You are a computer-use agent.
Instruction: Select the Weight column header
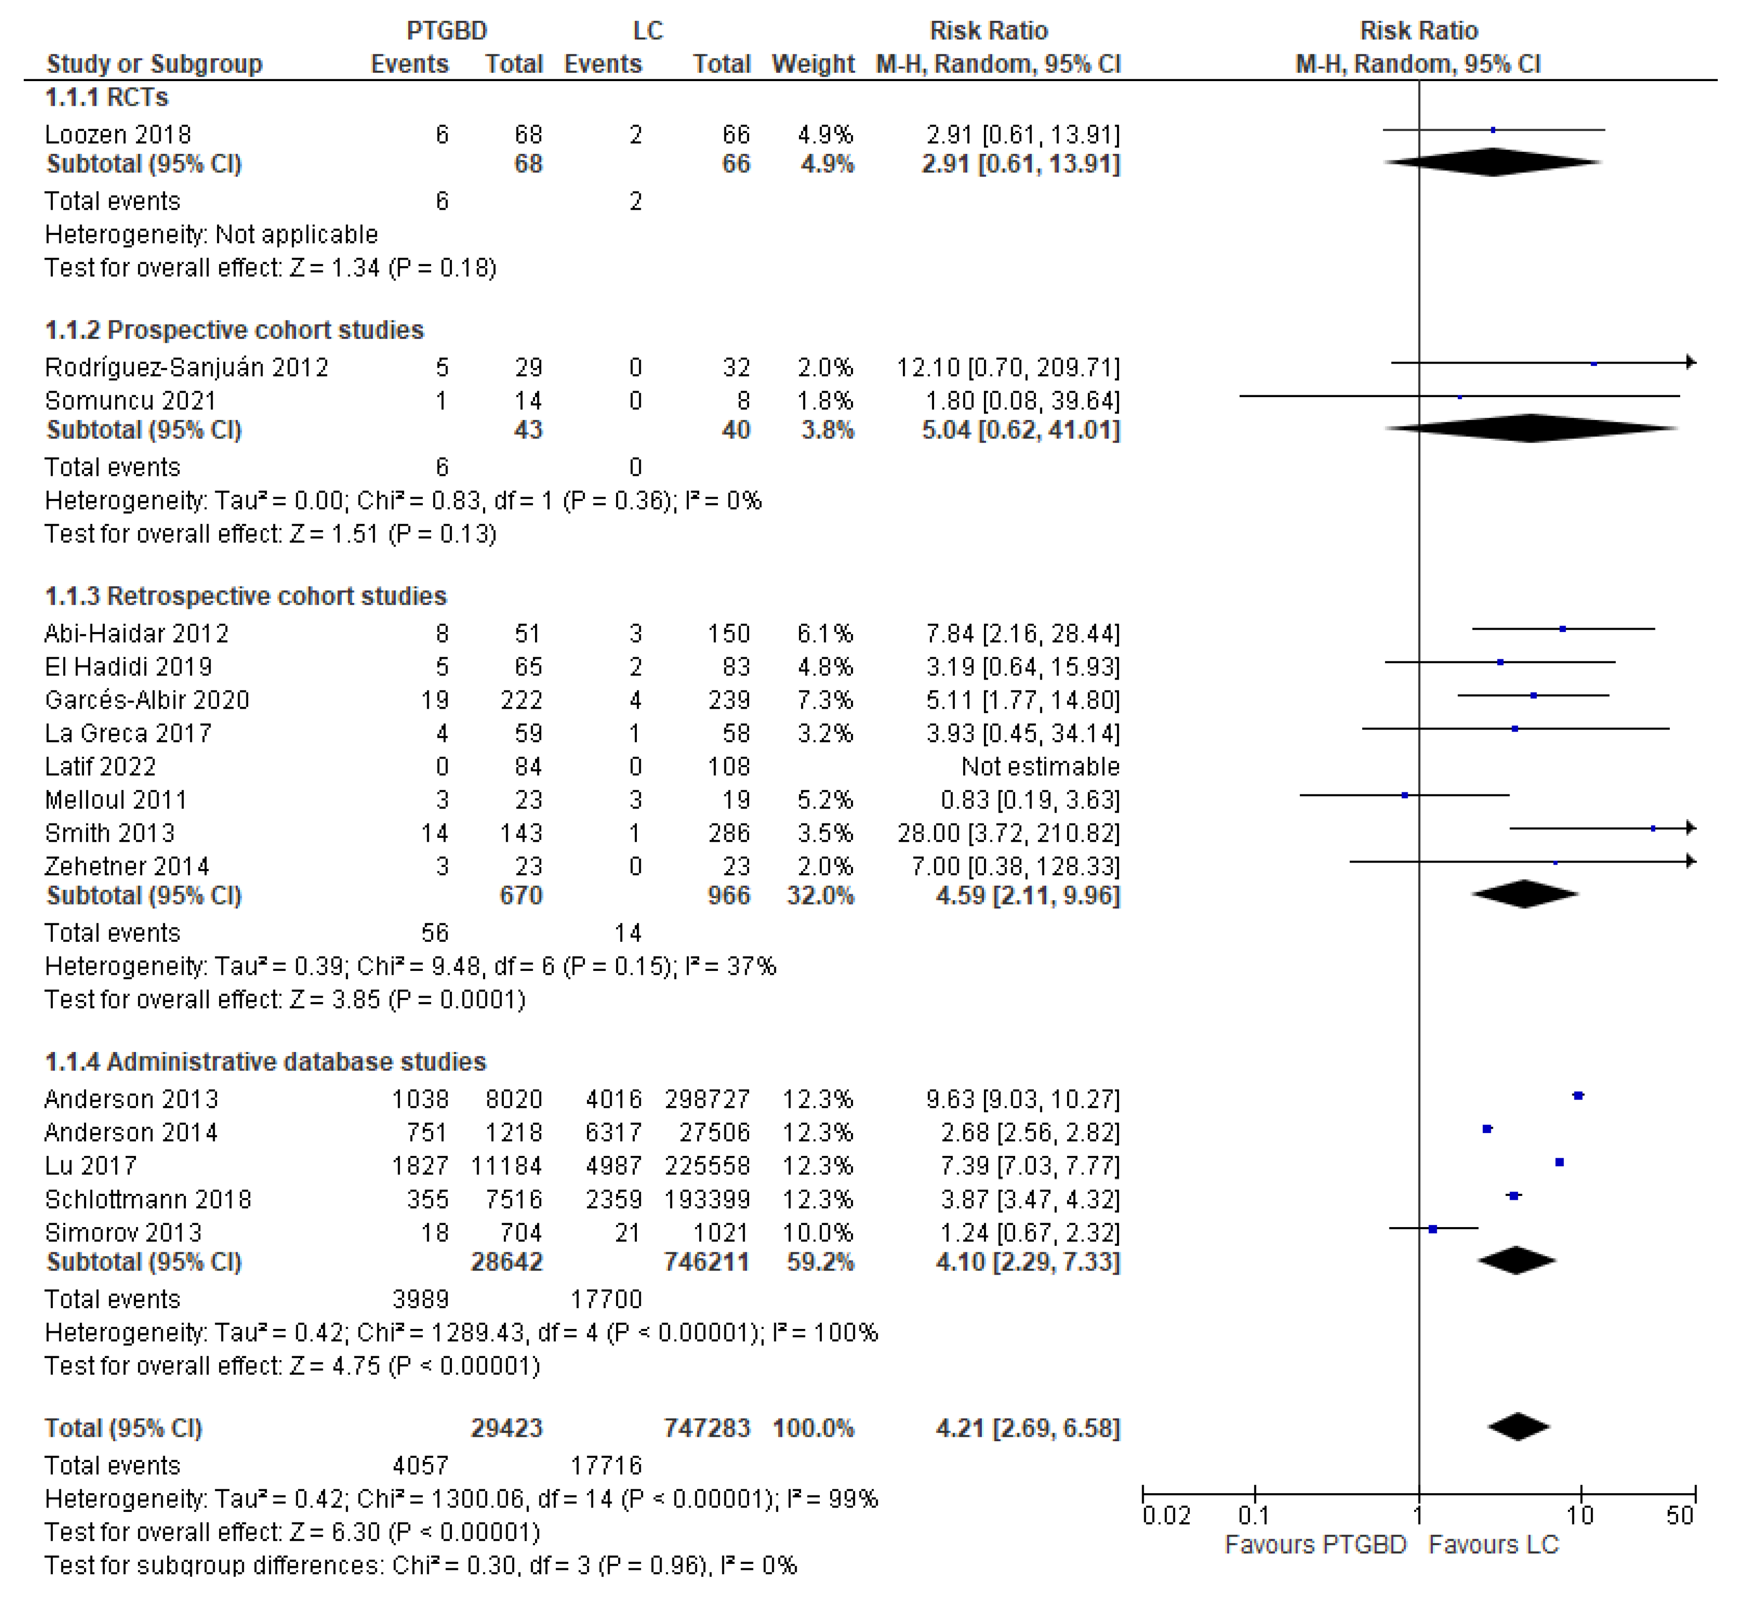point(812,64)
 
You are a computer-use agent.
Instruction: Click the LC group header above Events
point(648,31)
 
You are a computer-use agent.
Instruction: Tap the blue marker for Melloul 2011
point(1404,795)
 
